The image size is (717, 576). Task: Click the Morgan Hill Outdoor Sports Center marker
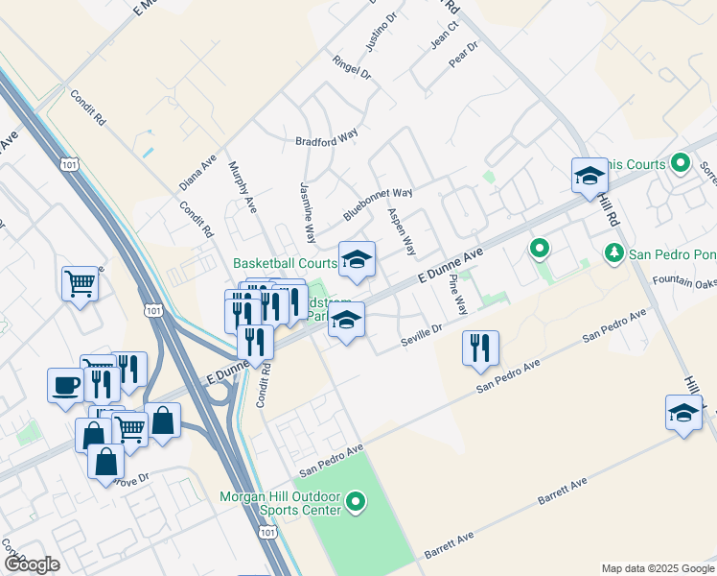click(x=357, y=501)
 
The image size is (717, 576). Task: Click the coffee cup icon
click(x=65, y=385)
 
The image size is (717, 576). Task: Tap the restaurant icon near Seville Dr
click(x=480, y=348)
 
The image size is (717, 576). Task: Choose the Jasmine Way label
click(x=308, y=211)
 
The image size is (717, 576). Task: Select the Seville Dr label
click(x=422, y=335)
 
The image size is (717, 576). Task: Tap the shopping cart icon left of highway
click(x=81, y=282)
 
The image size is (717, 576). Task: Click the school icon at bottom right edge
click(x=683, y=413)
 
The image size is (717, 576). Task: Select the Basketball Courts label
click(x=285, y=263)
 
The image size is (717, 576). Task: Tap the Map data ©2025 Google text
click(x=657, y=568)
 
